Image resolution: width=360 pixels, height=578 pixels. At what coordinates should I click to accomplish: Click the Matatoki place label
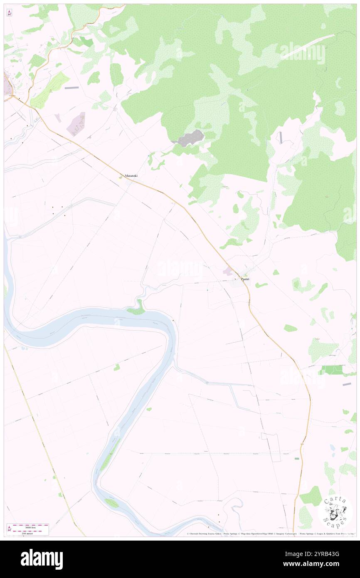131,176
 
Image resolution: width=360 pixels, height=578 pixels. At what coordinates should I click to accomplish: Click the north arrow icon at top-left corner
9,13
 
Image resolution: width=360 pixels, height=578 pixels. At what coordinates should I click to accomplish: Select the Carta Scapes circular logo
335,512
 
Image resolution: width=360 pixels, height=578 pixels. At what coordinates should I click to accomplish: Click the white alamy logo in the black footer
42,559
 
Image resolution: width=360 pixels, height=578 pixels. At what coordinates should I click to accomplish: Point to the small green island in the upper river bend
136,309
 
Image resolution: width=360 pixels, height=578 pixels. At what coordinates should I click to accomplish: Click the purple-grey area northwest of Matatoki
76,124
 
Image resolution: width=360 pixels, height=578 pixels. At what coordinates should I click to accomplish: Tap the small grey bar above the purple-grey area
71,88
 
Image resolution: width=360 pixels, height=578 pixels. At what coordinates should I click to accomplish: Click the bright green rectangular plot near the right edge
333,370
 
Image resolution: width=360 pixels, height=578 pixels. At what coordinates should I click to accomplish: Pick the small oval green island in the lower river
111,503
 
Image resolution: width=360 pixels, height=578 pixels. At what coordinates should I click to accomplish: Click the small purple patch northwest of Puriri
228,271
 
